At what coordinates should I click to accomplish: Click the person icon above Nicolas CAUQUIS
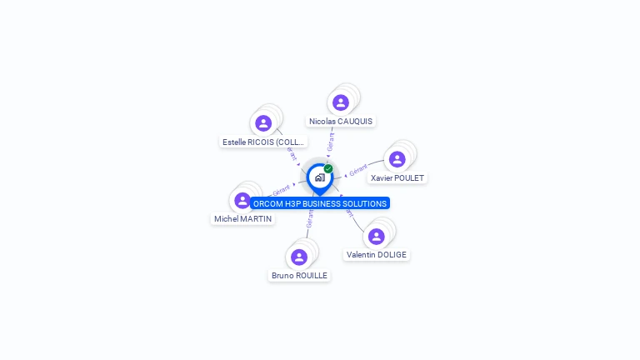(340, 102)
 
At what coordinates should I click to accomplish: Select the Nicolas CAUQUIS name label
(340, 122)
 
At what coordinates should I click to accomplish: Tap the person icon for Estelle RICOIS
(263, 123)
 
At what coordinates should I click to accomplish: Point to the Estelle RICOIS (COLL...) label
(263, 142)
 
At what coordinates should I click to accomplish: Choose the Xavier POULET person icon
(397, 159)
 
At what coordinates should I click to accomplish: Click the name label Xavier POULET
(397, 178)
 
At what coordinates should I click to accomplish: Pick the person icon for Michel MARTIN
(242, 200)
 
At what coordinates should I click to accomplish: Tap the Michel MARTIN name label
(242, 219)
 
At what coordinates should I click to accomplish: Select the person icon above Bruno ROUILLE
(299, 257)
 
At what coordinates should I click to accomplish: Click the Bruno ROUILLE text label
(299, 276)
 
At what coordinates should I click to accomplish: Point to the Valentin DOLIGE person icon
(376, 237)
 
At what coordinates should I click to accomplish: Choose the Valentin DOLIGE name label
(377, 255)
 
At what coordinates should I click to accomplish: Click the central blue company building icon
(319, 177)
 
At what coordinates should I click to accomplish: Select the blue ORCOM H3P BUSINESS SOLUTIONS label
(320, 203)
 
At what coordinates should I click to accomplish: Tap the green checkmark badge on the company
(328, 168)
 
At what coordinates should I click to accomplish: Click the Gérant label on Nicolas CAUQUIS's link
(331, 142)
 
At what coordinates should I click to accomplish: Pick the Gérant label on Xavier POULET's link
(358, 171)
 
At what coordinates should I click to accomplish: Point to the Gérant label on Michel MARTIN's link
(281, 191)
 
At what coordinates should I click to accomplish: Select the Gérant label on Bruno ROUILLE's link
(310, 218)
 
